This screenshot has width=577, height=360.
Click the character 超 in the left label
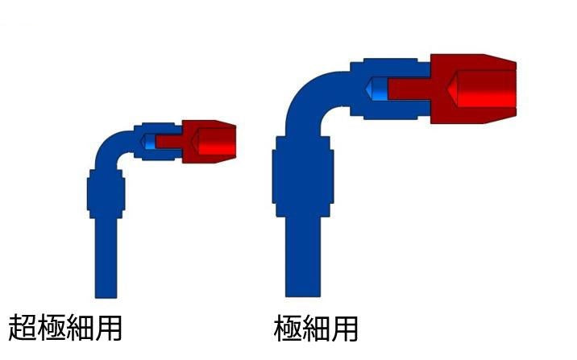22,327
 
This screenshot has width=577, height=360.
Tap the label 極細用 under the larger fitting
316,329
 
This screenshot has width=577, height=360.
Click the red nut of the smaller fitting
209,142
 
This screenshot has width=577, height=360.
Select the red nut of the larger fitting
473,89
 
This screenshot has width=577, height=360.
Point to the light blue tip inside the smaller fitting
148,142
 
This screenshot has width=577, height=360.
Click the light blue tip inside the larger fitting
377,89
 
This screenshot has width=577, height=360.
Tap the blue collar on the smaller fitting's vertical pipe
106,194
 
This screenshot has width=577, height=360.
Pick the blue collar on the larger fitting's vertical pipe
303,176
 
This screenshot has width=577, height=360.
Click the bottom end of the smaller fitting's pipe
106,297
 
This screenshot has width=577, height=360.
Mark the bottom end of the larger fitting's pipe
303,296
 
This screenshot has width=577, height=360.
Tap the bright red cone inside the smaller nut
214,142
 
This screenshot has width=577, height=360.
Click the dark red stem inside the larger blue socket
409,89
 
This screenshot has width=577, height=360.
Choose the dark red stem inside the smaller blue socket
169,142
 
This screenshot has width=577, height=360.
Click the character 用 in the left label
107,327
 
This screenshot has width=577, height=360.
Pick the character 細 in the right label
316,329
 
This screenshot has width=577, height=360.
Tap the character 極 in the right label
288,329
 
